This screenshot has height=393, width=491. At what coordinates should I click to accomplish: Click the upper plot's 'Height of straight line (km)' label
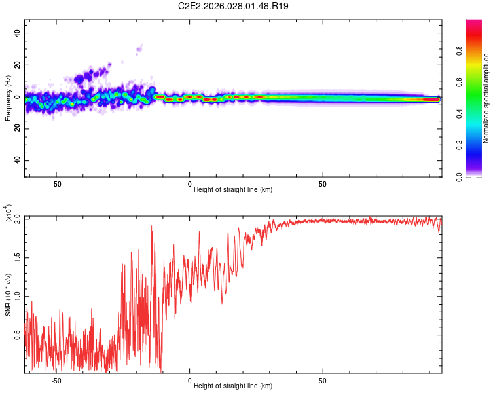[233, 189]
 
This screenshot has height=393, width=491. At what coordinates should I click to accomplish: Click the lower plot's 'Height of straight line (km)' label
[233, 386]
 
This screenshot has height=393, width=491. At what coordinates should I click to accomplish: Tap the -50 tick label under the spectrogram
[56, 184]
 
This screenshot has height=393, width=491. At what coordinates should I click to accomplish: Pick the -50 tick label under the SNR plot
[56, 381]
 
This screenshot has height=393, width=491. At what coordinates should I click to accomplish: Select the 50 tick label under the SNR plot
[323, 381]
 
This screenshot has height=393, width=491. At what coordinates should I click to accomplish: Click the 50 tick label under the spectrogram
[323, 184]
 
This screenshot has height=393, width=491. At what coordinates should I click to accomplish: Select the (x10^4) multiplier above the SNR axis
[8, 214]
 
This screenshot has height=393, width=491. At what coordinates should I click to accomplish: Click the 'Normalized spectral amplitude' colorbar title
[486, 99]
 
